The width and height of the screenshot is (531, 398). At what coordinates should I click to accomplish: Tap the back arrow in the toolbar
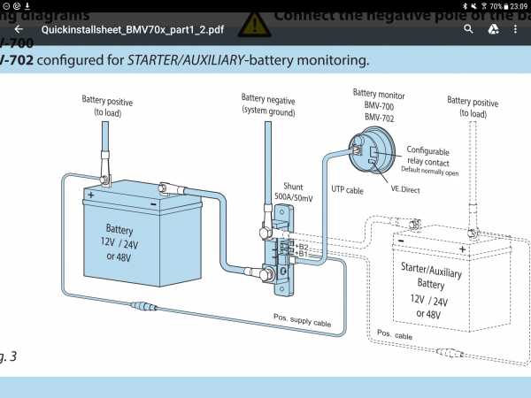pyautogui.click(x=18, y=29)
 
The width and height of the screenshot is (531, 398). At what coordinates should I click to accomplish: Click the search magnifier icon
pyautogui.click(x=469, y=29)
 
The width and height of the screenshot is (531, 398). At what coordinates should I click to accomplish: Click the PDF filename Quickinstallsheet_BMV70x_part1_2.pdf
pyautogui.click(x=138, y=29)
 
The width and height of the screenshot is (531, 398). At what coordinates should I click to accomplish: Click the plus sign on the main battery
pyautogui.click(x=90, y=194)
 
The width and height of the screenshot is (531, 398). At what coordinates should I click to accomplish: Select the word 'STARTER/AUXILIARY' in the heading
pyautogui.click(x=198, y=61)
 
